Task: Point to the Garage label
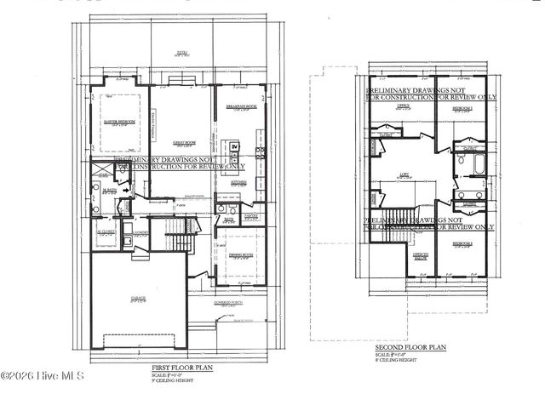point(138,298)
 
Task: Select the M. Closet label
point(106,232)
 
